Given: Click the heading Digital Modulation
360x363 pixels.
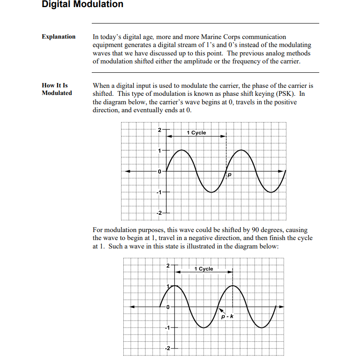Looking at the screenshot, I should click(x=82, y=5).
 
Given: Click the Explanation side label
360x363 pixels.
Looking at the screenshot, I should click(x=59, y=37).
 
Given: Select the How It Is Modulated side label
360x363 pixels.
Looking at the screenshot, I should click(x=56, y=89).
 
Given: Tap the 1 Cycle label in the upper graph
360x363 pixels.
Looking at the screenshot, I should click(x=196, y=133).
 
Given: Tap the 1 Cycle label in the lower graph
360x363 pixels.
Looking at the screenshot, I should click(x=203, y=269).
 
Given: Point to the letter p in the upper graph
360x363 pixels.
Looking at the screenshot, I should click(x=230, y=176).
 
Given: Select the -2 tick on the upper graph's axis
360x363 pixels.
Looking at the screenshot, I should click(x=158, y=212).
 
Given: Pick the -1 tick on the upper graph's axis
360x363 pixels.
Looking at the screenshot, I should click(x=158, y=192).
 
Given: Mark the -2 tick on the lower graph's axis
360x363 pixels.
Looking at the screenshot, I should click(x=167, y=347).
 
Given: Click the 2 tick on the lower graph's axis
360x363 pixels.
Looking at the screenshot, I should click(x=168, y=266).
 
